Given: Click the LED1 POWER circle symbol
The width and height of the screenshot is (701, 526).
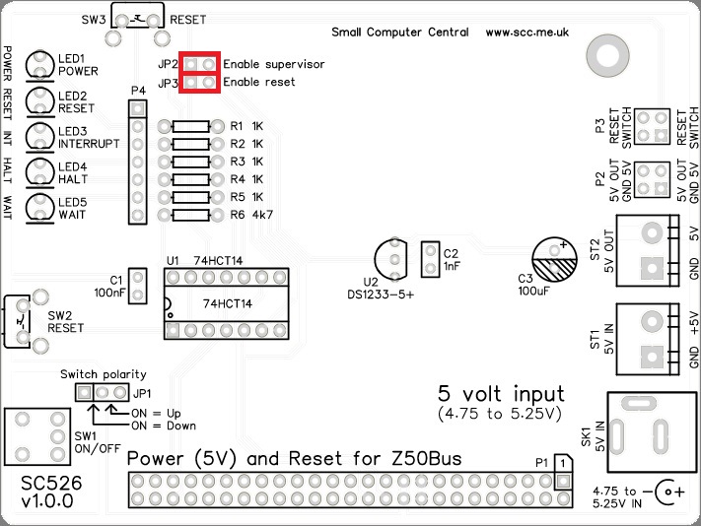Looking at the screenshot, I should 40,63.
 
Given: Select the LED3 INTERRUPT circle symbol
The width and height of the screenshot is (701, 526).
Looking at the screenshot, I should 40,136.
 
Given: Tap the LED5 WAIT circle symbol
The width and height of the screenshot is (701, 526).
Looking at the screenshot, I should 40,207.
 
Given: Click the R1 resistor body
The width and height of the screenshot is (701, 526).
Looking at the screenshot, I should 190,126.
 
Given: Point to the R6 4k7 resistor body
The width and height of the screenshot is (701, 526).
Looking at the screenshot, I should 190,214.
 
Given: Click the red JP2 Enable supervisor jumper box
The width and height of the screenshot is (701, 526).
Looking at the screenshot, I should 200,63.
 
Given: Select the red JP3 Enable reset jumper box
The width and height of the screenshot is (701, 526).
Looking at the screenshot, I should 200,83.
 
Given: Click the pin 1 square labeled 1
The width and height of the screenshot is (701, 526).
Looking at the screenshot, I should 560,462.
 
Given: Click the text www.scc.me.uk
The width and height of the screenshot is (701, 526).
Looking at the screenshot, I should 527,33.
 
